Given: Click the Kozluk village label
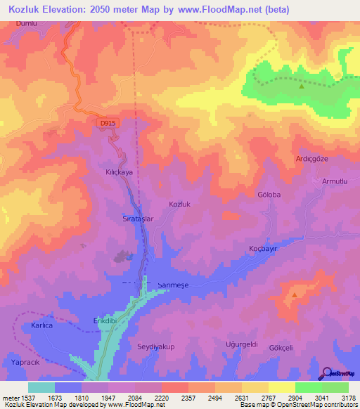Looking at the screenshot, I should [x=180, y=204].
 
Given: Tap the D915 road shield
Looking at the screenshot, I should [x=107, y=123].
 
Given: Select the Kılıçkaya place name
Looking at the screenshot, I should [x=120, y=171].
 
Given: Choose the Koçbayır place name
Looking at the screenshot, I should [x=265, y=248].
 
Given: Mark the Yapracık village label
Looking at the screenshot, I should [x=27, y=362].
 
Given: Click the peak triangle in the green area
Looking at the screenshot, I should [x=302, y=87].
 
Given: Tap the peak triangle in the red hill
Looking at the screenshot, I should [x=294, y=295].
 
